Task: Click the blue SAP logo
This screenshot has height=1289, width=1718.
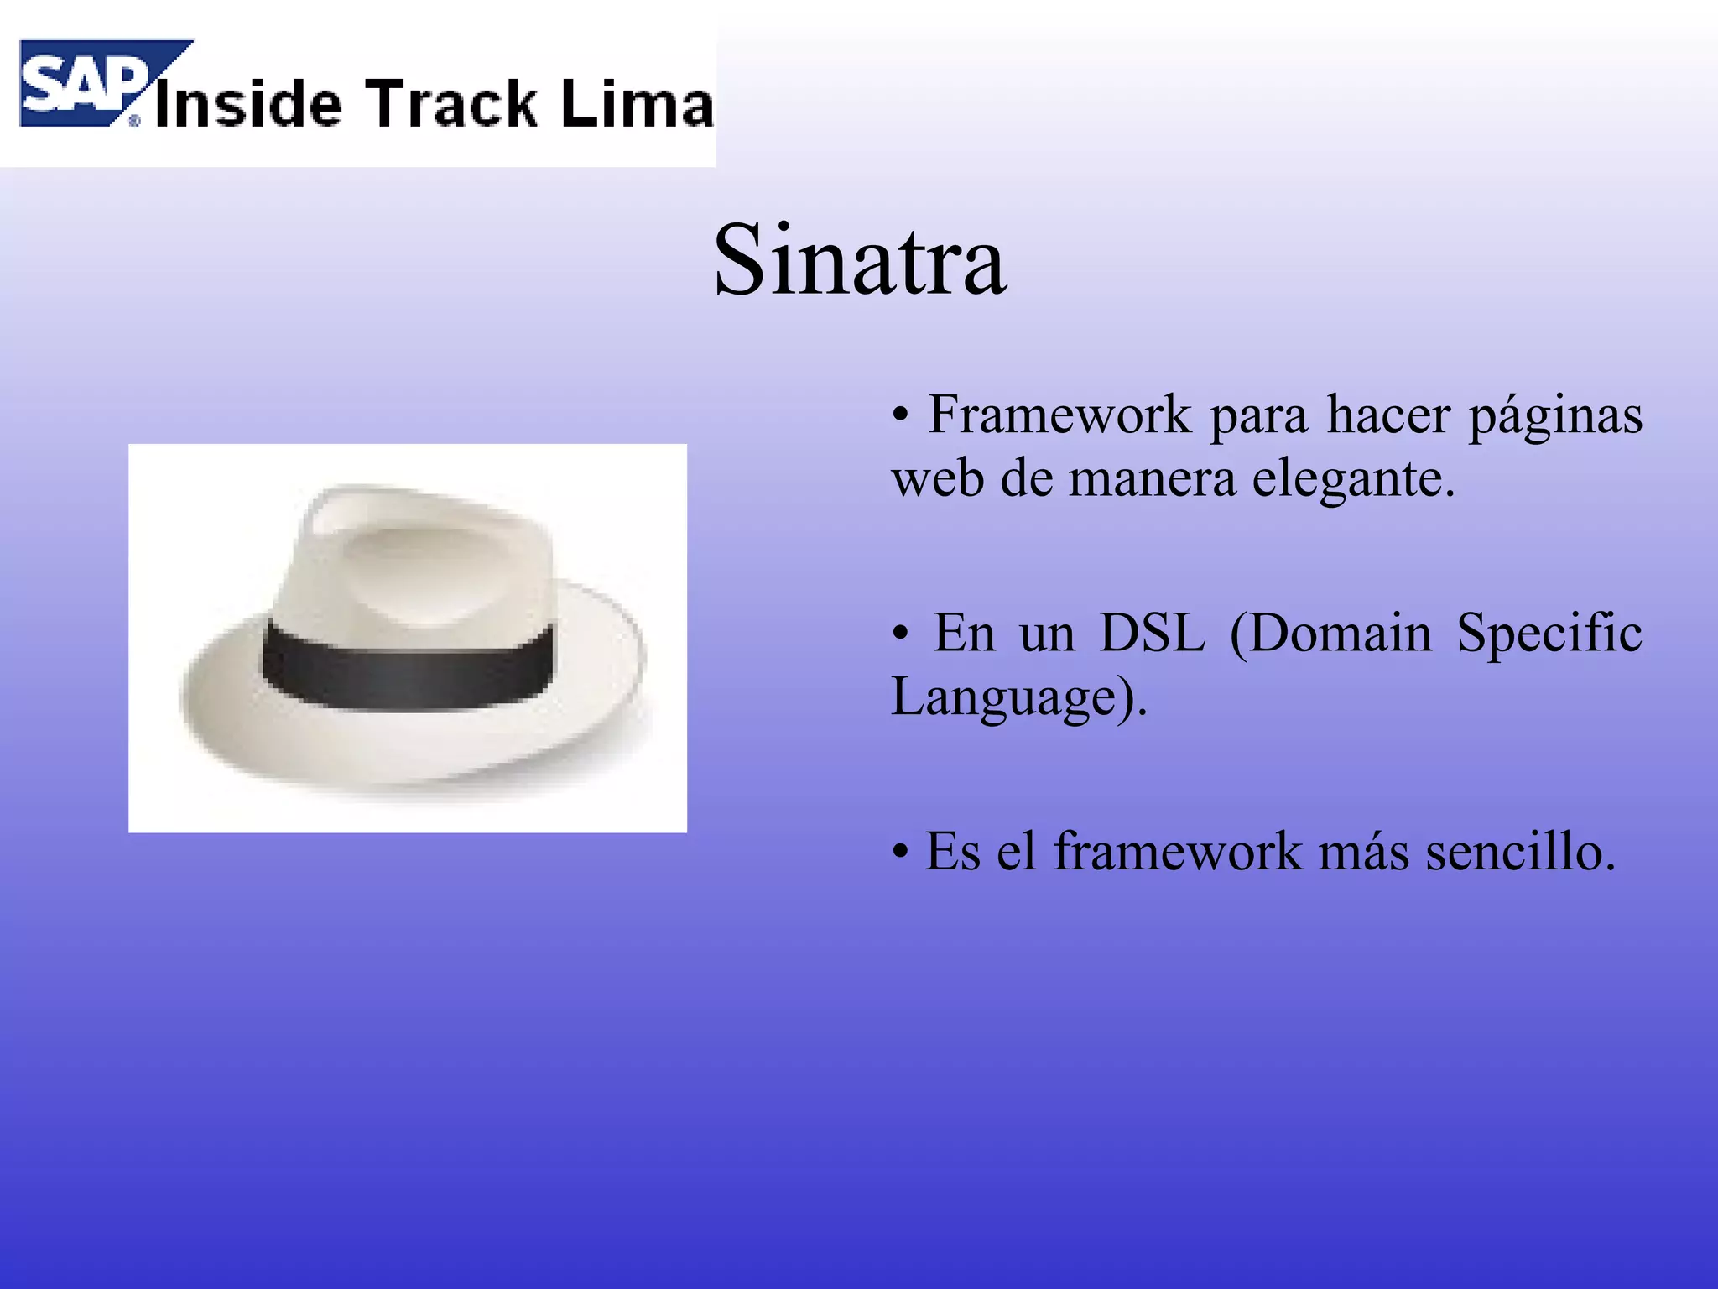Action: pos(84,84)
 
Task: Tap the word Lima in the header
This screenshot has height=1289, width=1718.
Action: pos(637,104)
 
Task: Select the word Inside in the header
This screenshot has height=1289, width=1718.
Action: pos(248,104)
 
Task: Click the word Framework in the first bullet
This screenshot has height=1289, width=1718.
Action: pos(1059,415)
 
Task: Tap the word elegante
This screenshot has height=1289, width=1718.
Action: pos(1352,481)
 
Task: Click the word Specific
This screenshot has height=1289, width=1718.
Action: pos(1549,634)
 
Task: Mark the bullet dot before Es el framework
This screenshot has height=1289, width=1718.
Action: pos(900,853)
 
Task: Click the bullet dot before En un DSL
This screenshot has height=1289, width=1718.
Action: pos(900,634)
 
